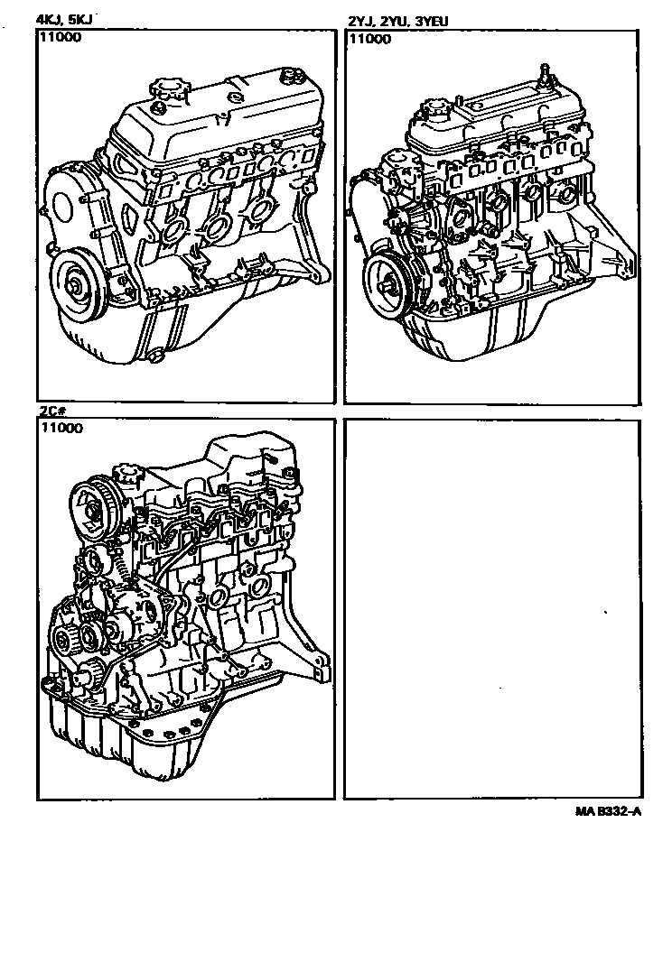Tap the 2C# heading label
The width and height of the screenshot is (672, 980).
pos(51,411)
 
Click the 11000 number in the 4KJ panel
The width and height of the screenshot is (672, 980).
pos(60,39)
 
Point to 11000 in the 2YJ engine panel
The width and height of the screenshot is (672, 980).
pos(369,39)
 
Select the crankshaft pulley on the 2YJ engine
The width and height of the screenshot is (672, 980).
pos(390,283)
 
